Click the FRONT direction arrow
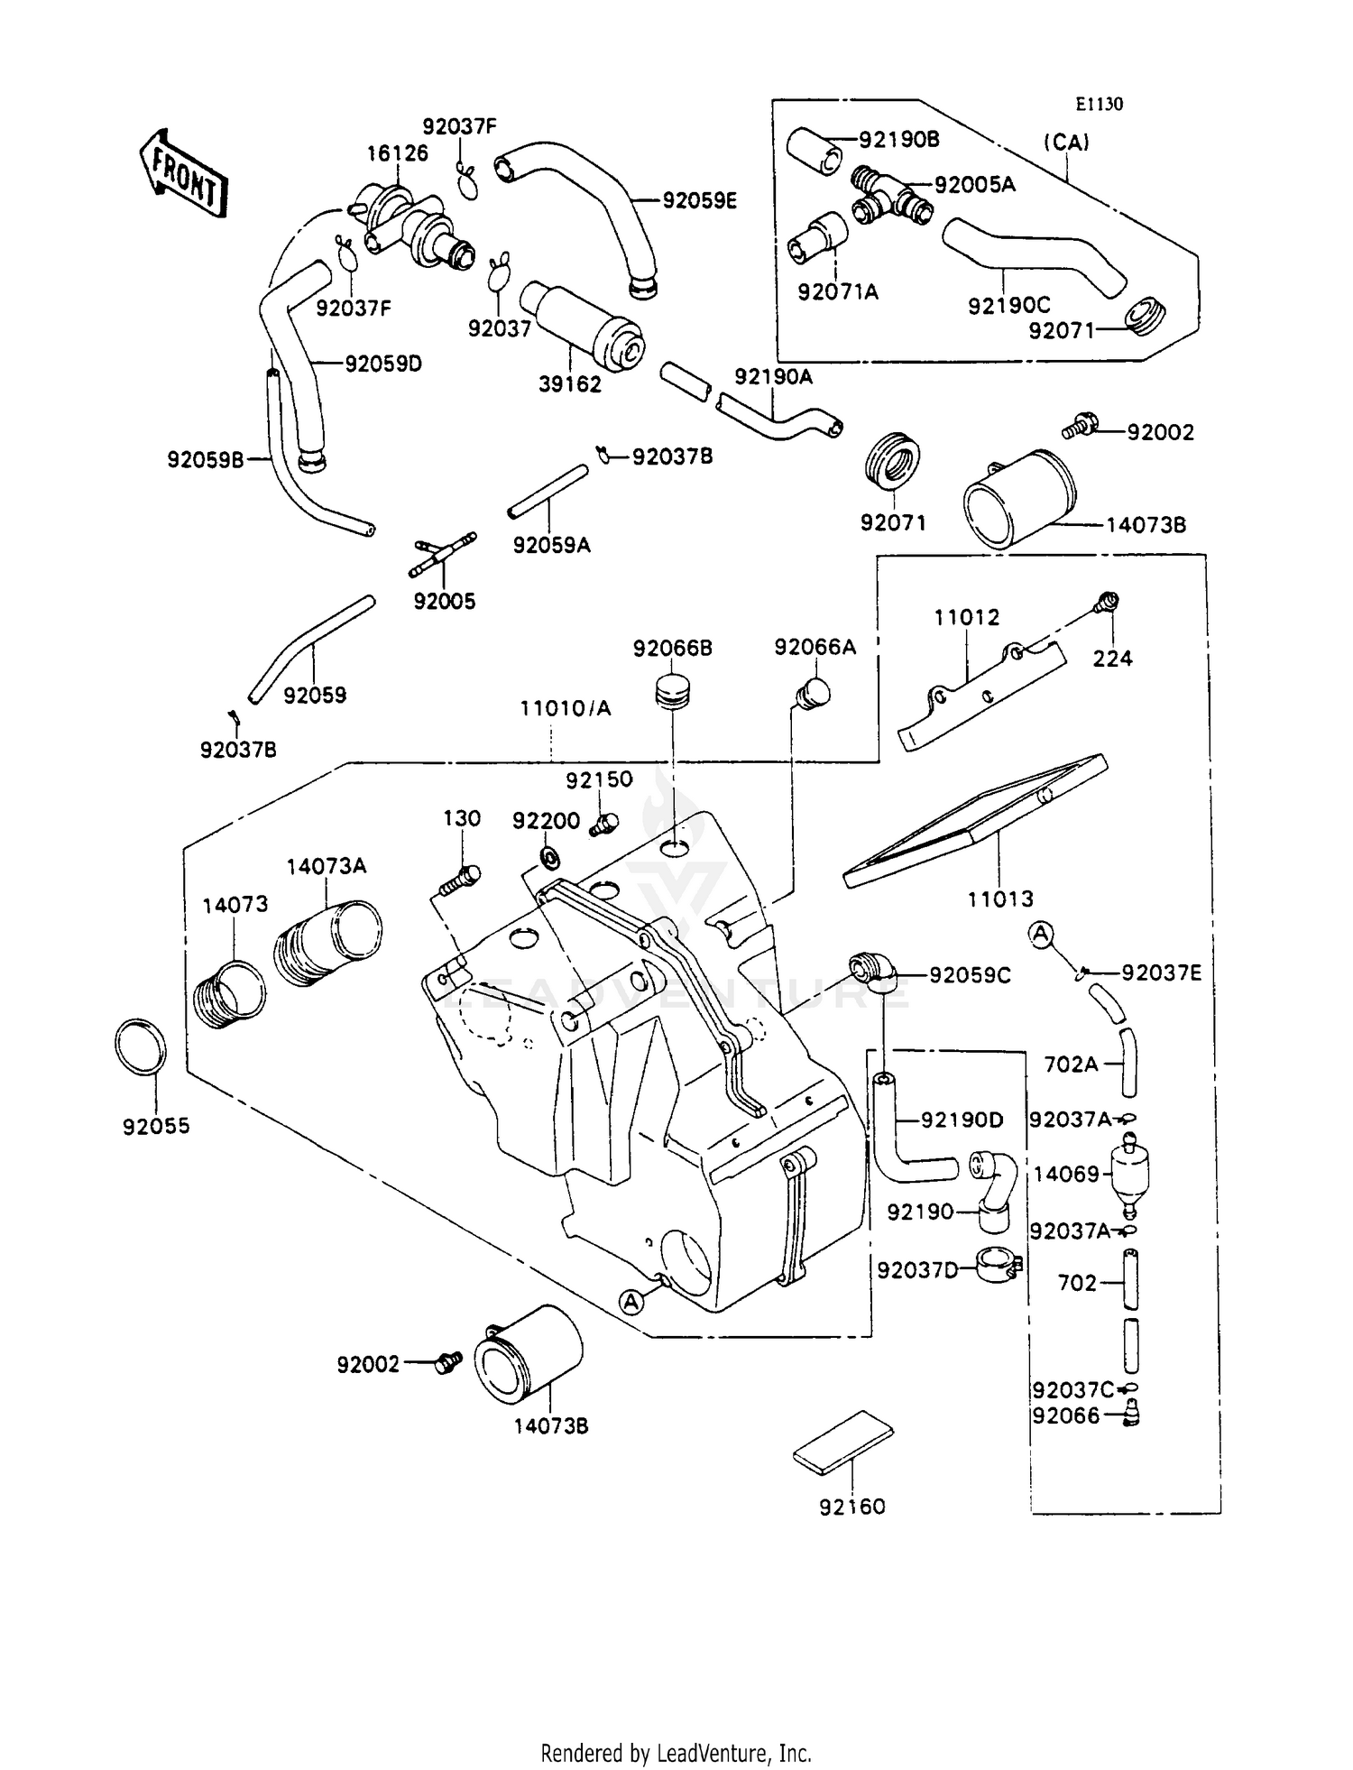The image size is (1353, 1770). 183,173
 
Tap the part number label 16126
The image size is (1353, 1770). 397,153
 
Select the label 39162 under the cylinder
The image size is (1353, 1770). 570,384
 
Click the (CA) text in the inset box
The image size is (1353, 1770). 1067,142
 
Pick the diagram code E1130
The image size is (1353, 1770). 1099,105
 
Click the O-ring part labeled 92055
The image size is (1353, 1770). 142,1046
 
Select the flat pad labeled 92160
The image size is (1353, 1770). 843,1442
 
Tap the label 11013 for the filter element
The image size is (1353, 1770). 1000,899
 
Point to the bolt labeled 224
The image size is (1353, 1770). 1109,603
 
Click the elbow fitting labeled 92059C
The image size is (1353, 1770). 871,969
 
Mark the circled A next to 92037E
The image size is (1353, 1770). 1042,936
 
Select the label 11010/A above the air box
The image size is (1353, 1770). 566,708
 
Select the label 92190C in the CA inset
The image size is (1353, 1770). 1009,306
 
